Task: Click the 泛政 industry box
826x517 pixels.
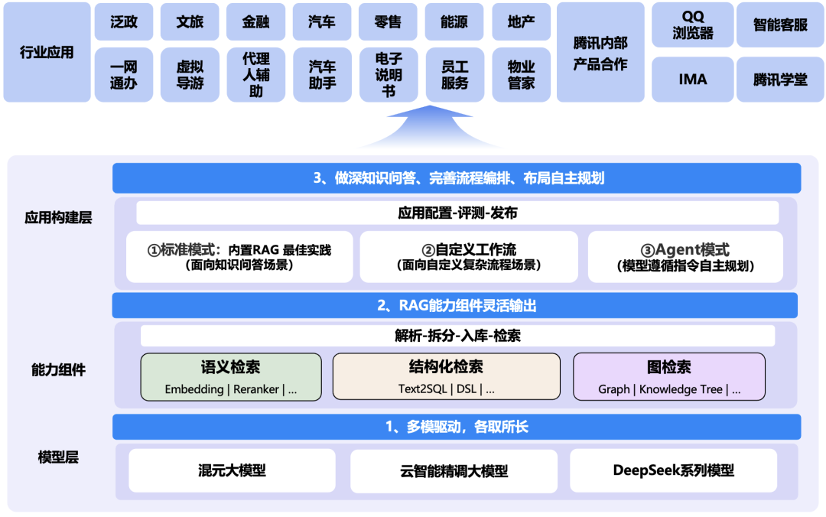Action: coord(124,22)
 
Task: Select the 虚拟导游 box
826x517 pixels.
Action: coord(190,75)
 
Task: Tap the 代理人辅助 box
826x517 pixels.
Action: coord(255,75)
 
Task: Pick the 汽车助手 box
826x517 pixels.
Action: coord(322,75)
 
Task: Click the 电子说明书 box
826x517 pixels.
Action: coord(389,75)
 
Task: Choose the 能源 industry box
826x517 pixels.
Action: coord(454,22)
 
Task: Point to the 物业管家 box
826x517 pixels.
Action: coord(521,75)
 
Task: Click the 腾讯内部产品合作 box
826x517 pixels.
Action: coord(600,53)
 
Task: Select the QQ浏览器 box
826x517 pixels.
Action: coord(692,24)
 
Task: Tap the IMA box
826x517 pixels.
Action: coord(692,80)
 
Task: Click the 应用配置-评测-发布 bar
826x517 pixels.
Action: coord(457,213)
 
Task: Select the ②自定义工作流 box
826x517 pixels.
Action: coord(469,257)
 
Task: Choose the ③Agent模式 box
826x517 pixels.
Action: coord(685,257)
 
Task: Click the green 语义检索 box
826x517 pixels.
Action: coord(231,376)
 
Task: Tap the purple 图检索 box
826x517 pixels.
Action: coord(669,376)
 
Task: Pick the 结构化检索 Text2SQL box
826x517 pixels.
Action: coord(447,376)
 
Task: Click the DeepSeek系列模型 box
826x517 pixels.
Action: coord(673,470)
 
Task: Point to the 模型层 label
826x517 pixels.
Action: coord(58,457)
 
